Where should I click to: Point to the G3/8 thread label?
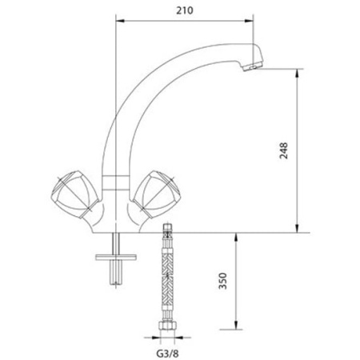coord(169,349)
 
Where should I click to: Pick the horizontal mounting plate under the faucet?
coord(118,258)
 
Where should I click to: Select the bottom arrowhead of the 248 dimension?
coord(298,230)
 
